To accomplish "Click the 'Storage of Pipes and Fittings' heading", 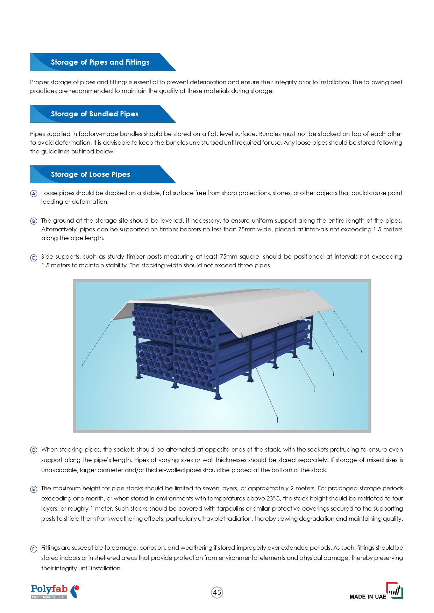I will click(x=100, y=62).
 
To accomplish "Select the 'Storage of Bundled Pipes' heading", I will click(x=94, y=114).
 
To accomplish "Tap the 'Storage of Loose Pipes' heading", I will click(x=90, y=174).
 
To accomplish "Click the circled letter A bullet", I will click(x=34, y=194).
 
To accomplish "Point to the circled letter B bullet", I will click(x=34, y=221).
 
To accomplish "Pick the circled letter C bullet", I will click(x=34, y=258).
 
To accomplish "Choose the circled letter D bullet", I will click(x=34, y=450).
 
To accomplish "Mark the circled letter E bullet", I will click(x=34, y=489).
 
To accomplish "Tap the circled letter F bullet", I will click(x=34, y=549).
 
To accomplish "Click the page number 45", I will click(x=217, y=592).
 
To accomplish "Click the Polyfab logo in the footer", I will click(x=55, y=591).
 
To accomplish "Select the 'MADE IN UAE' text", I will click(x=368, y=597).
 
